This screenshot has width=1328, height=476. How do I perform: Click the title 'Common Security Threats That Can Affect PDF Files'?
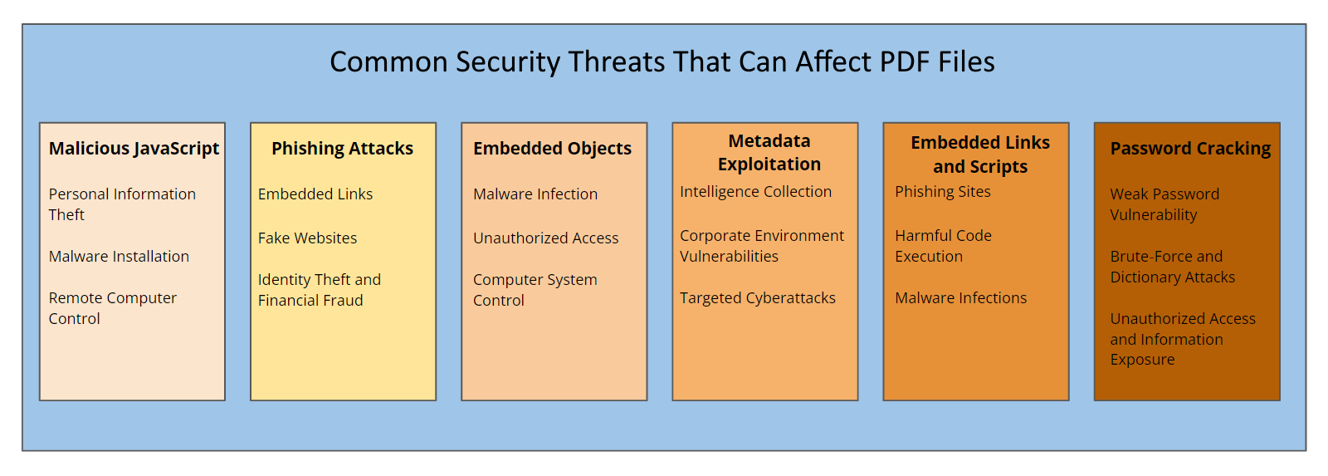coord(662,61)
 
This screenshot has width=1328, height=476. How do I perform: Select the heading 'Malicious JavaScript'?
coord(134,149)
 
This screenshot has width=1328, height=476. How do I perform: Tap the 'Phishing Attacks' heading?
coord(343,149)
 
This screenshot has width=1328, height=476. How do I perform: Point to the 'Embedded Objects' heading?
coord(553,149)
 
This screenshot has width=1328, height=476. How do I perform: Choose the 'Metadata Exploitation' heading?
coord(769,153)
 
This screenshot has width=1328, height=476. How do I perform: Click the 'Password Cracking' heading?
coord(1190,149)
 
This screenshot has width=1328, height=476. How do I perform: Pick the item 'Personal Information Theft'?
coord(122,204)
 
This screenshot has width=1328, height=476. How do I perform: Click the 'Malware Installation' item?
coord(120,257)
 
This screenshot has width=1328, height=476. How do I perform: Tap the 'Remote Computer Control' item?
coord(113,308)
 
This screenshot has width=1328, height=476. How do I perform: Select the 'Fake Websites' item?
coord(308,238)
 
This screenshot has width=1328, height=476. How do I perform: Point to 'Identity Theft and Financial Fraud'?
coord(320,290)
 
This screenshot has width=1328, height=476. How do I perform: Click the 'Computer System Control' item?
coord(535,290)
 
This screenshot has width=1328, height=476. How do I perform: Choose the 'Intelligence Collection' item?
coord(756,192)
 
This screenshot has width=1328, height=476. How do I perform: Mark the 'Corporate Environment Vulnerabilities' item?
coord(762,246)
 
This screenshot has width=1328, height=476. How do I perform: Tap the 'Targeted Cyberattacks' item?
coord(758,298)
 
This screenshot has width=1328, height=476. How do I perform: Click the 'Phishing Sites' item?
coord(943,192)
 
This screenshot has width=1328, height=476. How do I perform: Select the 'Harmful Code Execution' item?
coord(943,246)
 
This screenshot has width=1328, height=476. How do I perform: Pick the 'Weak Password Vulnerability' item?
coord(1165,204)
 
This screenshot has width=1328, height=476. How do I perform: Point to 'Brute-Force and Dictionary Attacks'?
coord(1173,267)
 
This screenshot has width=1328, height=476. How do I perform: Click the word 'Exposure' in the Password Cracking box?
coord(1142,360)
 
